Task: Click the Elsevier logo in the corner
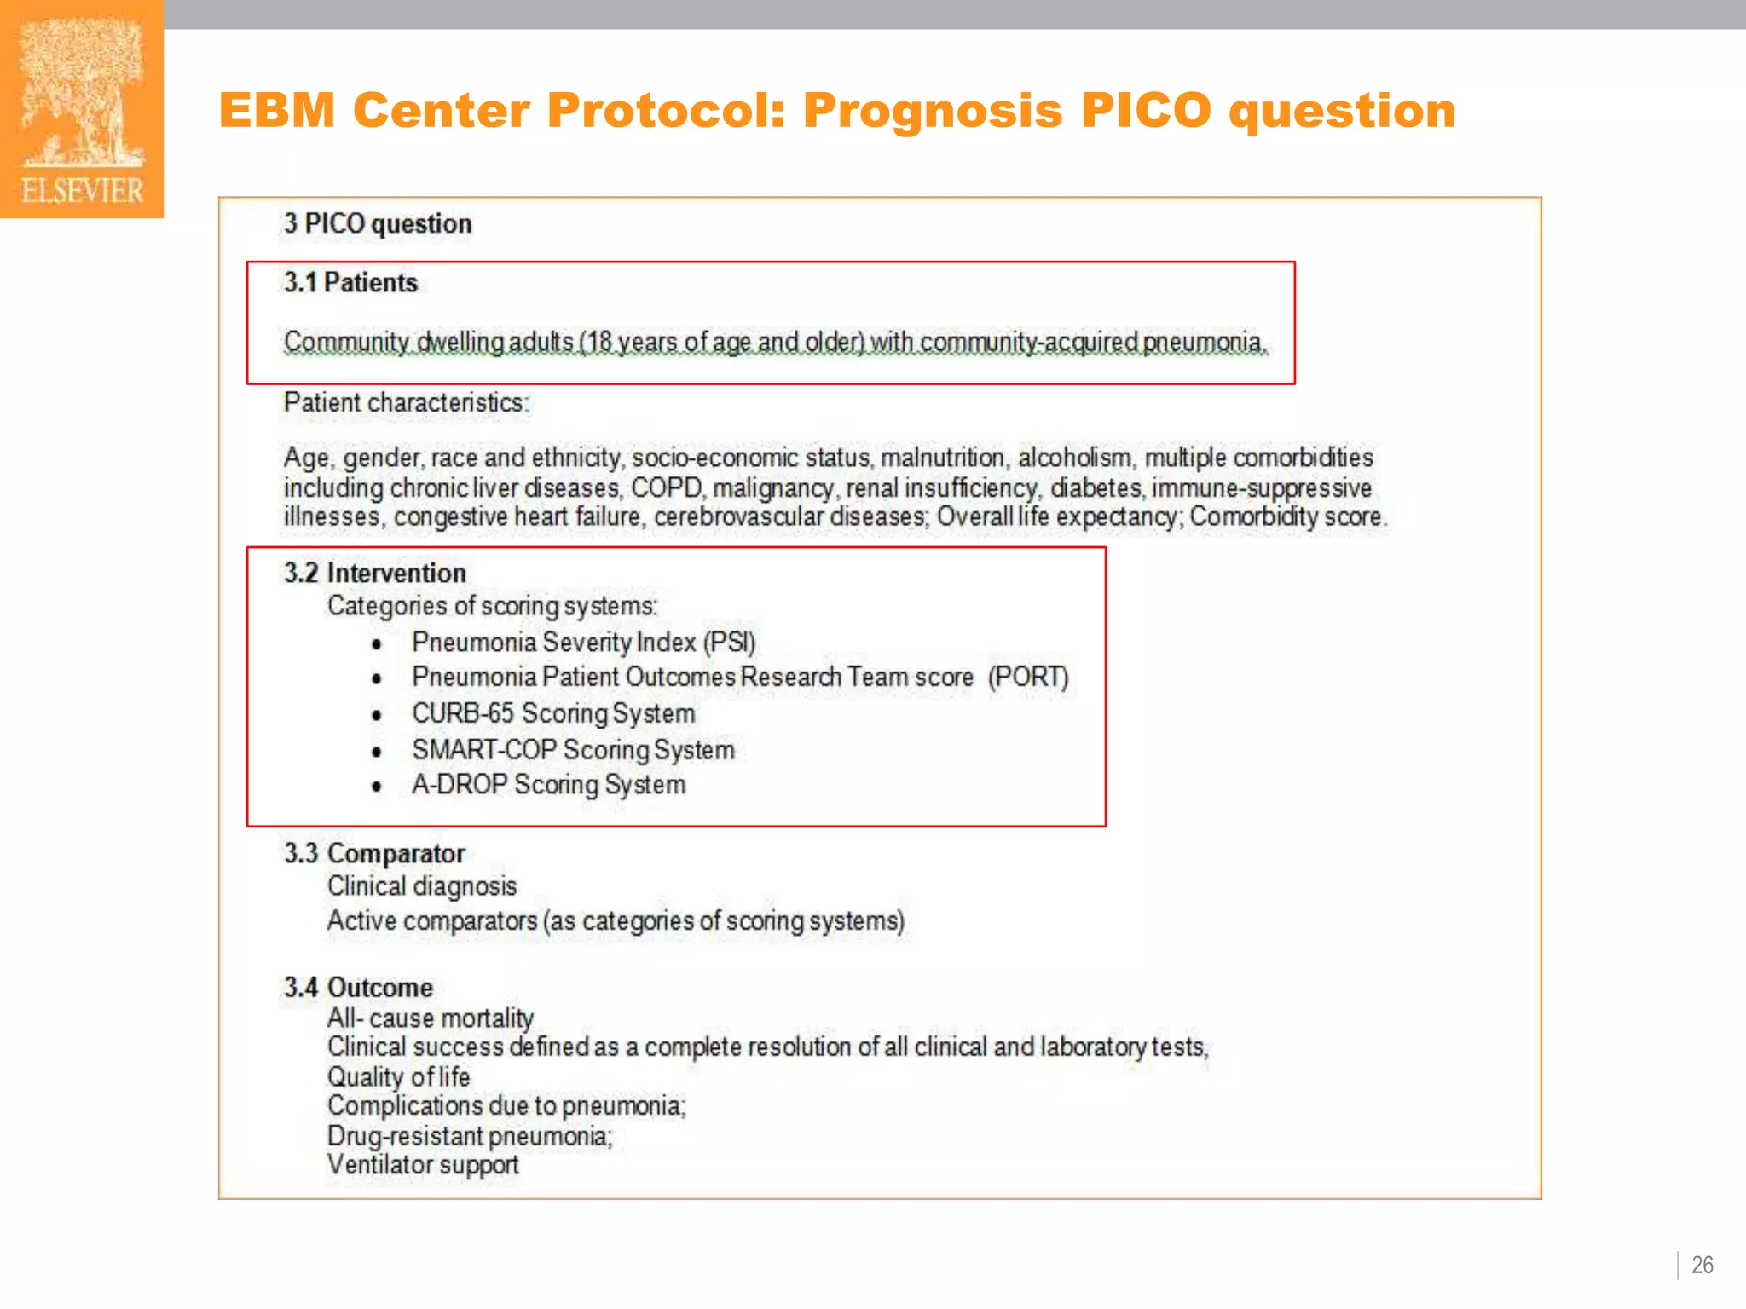coord(82,109)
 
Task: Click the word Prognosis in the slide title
coord(933,111)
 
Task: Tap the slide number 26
coord(1702,1265)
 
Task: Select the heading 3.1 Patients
coord(350,282)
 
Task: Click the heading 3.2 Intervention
coord(375,573)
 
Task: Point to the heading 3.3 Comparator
coord(374,853)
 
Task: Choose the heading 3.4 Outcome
coord(358,987)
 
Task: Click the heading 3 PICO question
coord(378,223)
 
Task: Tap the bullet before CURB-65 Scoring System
coord(376,715)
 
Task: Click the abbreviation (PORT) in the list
coord(1027,677)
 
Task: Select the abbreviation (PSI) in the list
coord(729,642)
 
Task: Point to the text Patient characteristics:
coord(406,402)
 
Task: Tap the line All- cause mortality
coord(430,1018)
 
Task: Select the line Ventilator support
coord(422,1164)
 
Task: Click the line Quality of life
coord(398,1076)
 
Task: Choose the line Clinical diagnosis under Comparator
coord(421,886)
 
